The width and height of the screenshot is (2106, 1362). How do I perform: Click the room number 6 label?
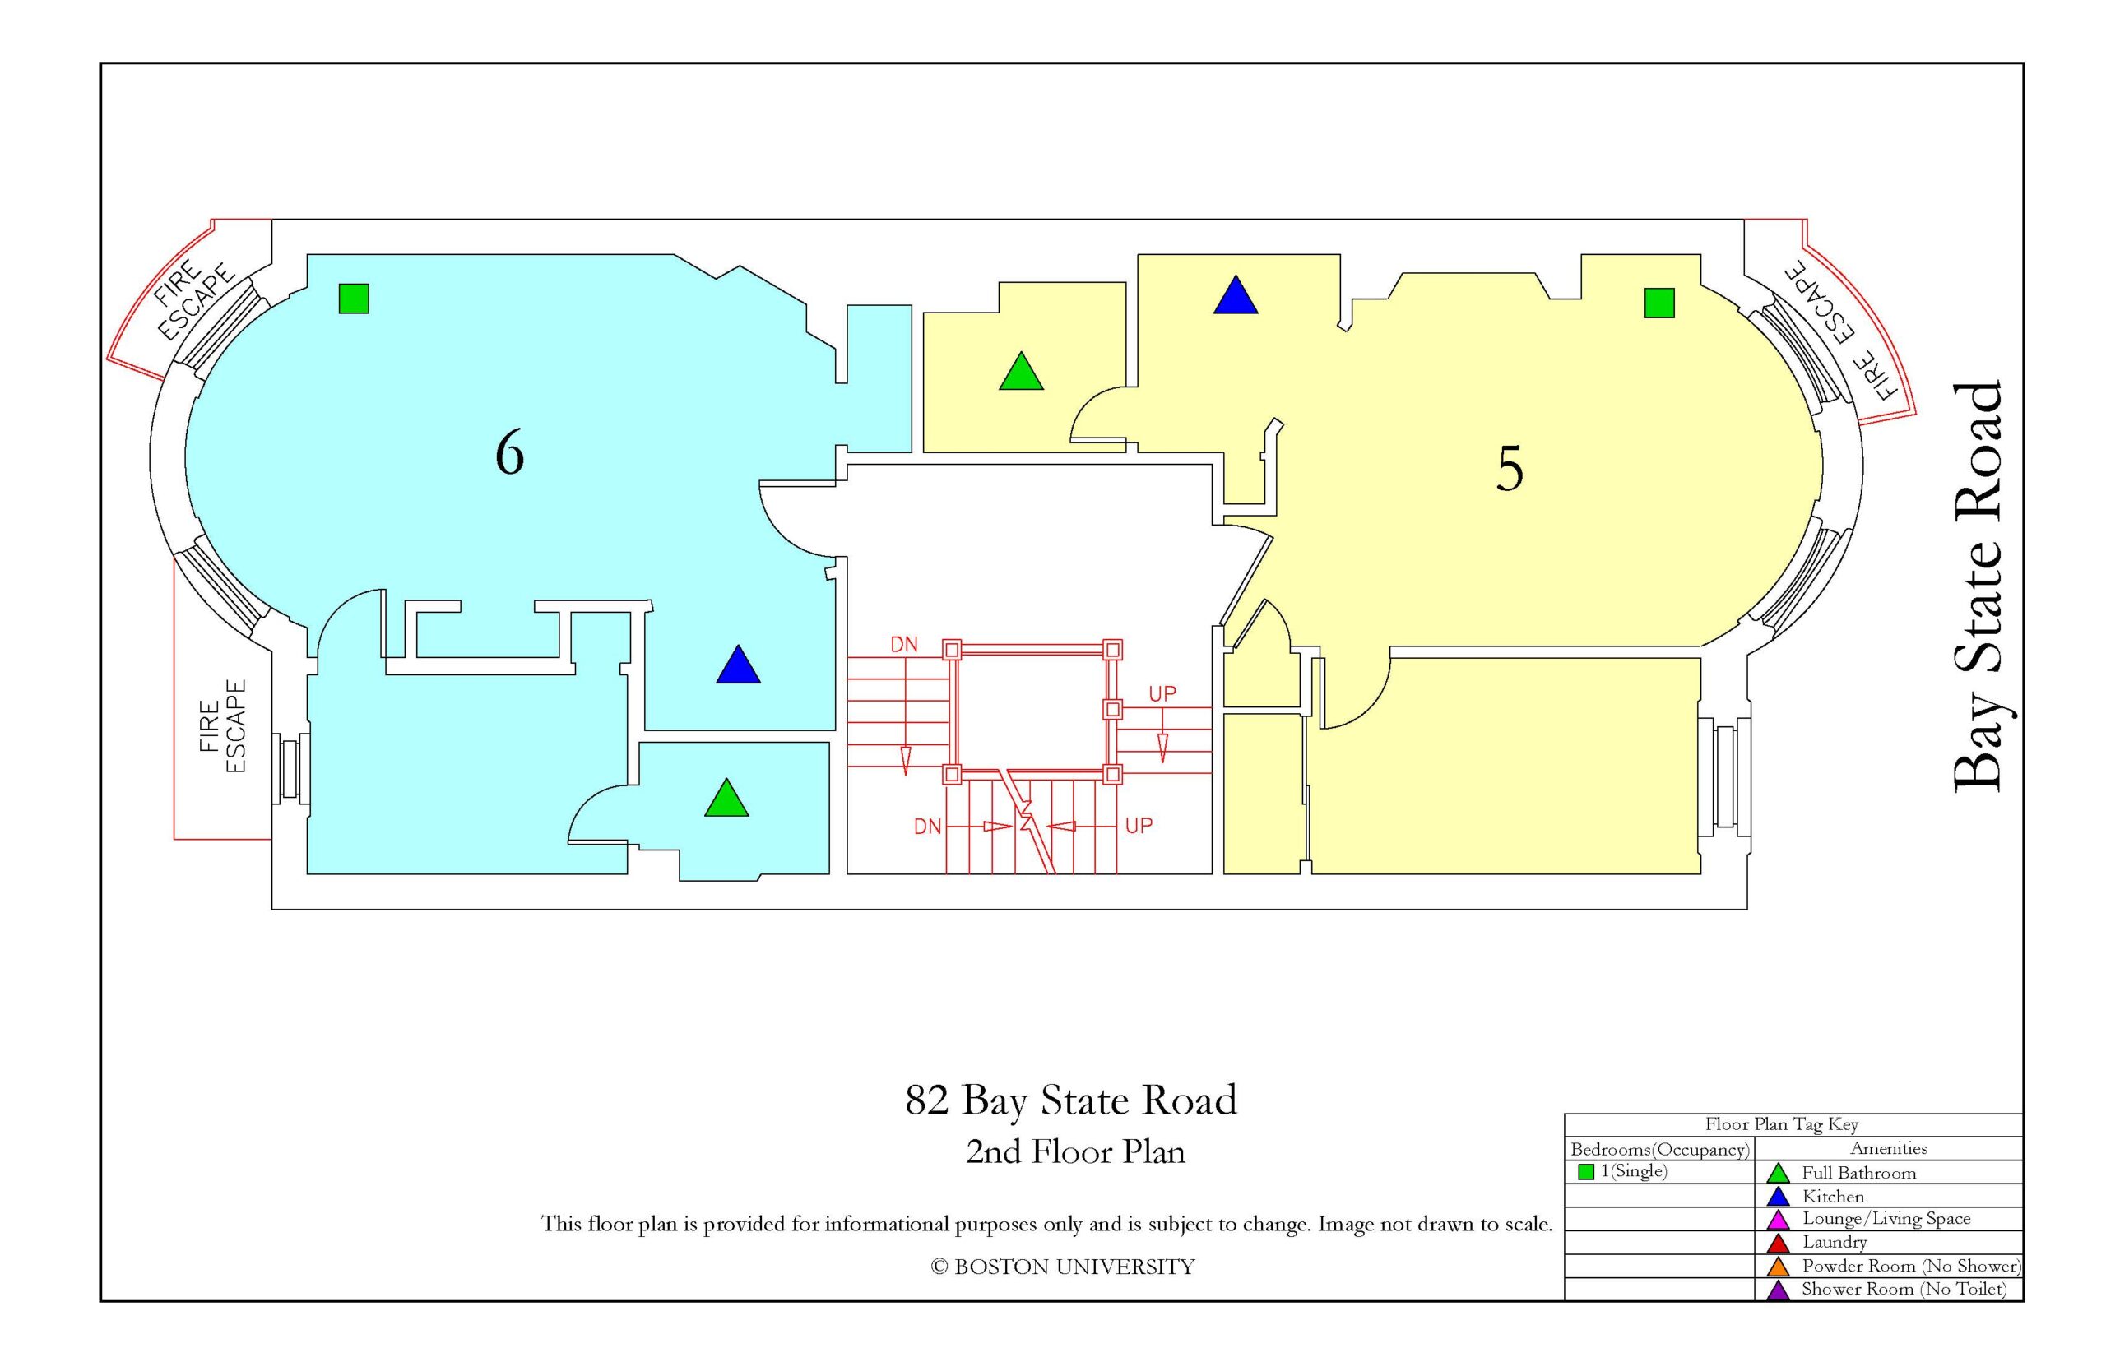click(x=509, y=454)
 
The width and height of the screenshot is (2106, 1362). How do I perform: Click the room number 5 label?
click(x=1509, y=469)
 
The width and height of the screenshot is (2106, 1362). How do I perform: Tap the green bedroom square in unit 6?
click(x=354, y=299)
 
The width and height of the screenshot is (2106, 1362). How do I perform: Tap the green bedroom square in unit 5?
click(x=1659, y=303)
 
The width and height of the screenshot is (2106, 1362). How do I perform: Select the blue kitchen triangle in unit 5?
click(x=1236, y=295)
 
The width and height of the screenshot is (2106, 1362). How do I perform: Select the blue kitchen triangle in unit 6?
click(x=739, y=665)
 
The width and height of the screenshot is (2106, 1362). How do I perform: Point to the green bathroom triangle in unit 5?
click(x=1022, y=372)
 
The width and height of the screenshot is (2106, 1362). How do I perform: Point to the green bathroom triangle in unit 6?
click(x=726, y=798)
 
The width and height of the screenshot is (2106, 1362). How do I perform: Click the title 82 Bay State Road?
click(x=1071, y=1100)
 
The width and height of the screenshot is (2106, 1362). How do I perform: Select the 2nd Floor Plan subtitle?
click(x=1074, y=1151)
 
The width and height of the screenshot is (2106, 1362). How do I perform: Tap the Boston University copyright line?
click(x=1062, y=1267)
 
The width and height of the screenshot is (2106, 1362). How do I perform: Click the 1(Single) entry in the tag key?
click(x=1623, y=1172)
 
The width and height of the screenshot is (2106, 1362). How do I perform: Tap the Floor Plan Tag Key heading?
click(x=1781, y=1124)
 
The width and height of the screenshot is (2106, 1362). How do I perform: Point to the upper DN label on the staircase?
click(x=904, y=645)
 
